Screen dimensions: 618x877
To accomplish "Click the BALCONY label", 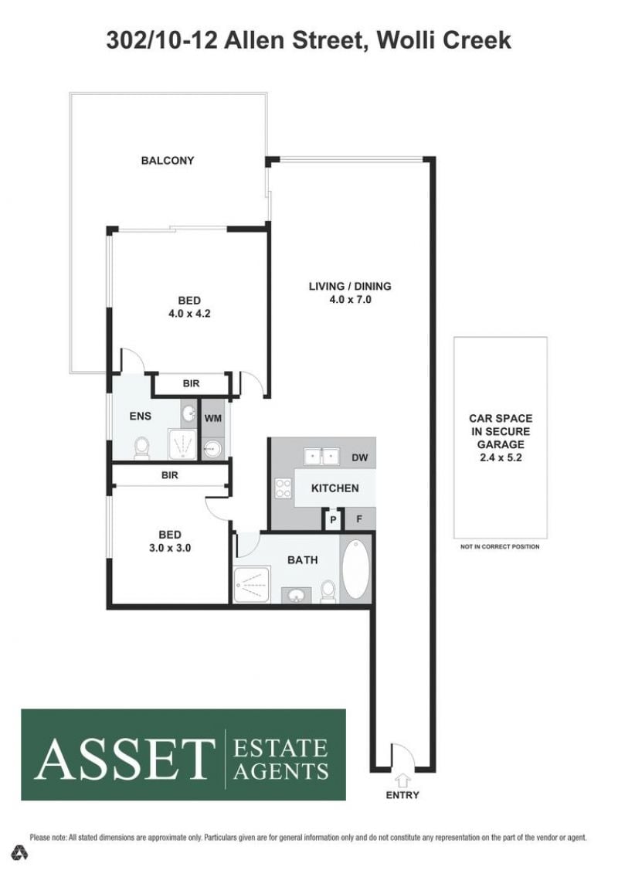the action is point(167,161).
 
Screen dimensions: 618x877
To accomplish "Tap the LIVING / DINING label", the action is point(350,286).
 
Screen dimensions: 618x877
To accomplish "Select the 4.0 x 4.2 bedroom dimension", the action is point(189,314).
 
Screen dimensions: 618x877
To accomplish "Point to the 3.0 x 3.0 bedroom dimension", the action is point(169,548).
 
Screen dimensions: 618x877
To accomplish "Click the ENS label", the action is point(140,416).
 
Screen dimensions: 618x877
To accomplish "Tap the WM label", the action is point(213,418).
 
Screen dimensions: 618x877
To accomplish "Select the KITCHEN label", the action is point(335,488).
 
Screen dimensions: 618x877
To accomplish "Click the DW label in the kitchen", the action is point(360,457).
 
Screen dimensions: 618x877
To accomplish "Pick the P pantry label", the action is point(333,520).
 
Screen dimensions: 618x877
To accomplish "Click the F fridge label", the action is point(359,519).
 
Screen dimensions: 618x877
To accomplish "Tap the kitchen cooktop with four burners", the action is point(283,487).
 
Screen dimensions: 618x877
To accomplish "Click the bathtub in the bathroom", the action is point(355,569).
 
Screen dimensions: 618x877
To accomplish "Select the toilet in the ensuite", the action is point(141,447).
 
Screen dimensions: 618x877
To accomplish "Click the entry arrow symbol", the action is point(402,780).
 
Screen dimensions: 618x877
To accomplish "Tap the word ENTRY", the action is point(402,795).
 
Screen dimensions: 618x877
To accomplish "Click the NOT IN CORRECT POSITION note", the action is point(500,546).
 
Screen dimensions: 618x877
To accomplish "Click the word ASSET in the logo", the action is point(124,759).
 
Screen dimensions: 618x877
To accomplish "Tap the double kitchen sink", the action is point(321,456).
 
